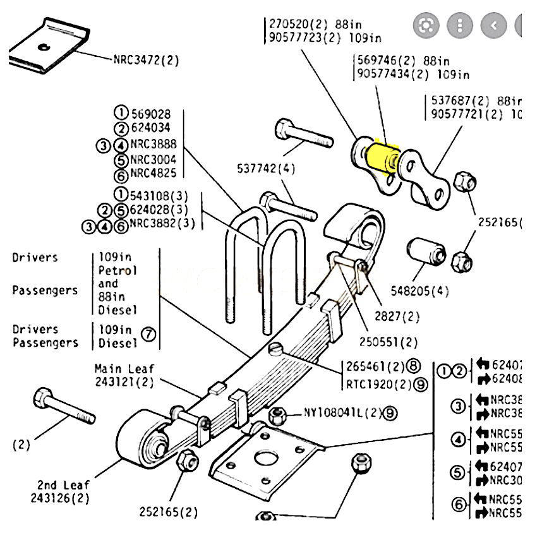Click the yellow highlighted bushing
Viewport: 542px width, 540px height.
[x=382, y=157]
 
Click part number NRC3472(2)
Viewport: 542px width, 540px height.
[x=146, y=61]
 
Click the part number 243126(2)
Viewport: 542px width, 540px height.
[x=59, y=498]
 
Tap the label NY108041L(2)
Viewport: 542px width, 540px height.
[x=343, y=413]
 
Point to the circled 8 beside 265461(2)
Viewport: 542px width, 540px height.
[x=413, y=366]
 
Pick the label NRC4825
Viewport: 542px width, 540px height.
[x=154, y=174]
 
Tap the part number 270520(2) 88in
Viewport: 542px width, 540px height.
[x=306, y=24]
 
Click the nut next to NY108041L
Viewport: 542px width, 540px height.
[x=276, y=416]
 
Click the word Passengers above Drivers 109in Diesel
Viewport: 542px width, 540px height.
[x=45, y=291]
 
